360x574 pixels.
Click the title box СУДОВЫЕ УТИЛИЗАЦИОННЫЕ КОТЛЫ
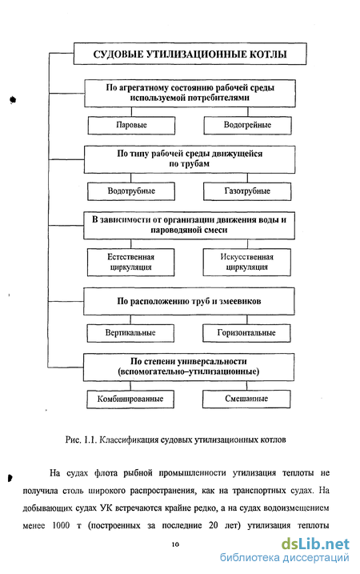pos(190,54)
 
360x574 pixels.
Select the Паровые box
pos(131,125)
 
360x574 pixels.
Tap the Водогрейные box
pos(247,125)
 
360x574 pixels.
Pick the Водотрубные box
pos(131,191)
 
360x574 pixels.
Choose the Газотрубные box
pos(247,191)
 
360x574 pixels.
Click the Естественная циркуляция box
pos(130,262)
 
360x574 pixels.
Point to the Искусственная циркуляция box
pos(246,262)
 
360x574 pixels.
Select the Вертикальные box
pos(130,333)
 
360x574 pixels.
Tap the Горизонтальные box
pos(246,333)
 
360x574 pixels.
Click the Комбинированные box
pos(130,399)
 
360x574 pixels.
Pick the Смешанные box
pos(246,399)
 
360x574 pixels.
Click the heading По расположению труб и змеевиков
pos(189,301)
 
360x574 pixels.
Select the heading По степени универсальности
pos(189,361)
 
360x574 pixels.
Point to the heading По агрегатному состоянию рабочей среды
pos(190,88)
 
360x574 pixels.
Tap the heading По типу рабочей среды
pos(190,154)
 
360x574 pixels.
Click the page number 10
pos(175,544)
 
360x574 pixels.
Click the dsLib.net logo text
pos(315,544)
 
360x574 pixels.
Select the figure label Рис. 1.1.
pos(81,440)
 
